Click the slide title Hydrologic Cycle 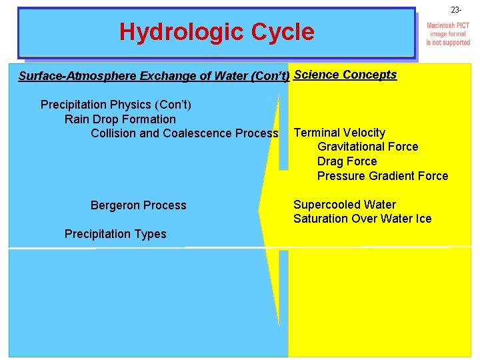pos(217,31)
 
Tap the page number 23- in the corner pos(455,10)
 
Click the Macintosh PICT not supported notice pos(448,34)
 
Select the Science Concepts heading pos(345,75)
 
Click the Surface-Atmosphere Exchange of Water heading pos(153,76)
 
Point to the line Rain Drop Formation pos(120,119)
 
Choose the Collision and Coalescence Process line pos(184,133)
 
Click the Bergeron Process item pos(138,205)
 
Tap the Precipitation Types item pos(115,234)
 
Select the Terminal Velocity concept pos(339,133)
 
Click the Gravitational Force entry pos(367,147)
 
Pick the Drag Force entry pos(347,161)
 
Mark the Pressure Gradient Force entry pos(383,176)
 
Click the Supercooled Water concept pos(344,205)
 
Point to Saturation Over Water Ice pos(362,219)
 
